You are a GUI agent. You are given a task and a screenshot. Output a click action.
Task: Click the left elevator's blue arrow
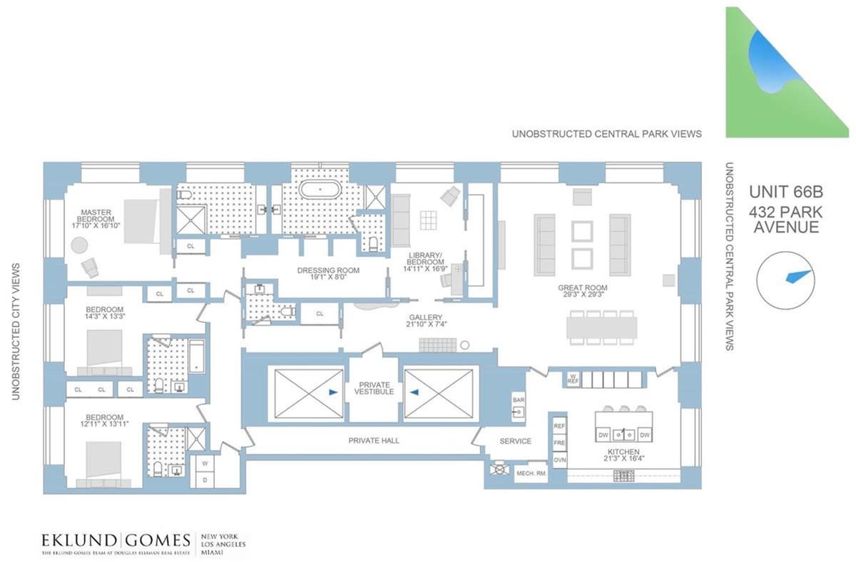[333, 392]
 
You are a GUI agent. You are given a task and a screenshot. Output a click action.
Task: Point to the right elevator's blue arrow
[415, 392]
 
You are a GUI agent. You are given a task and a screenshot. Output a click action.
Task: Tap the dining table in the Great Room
[601, 327]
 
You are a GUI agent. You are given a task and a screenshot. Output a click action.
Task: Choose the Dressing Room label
[328, 270]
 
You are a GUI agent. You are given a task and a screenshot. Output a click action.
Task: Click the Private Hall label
[374, 441]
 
